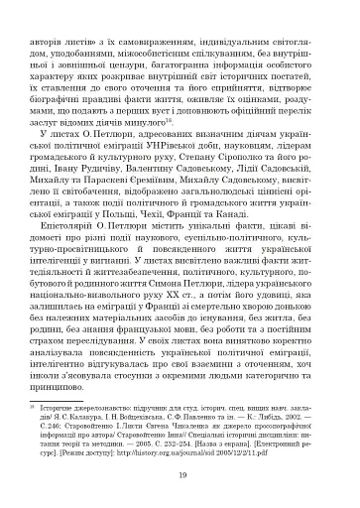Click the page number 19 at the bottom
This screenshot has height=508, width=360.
(179, 477)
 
